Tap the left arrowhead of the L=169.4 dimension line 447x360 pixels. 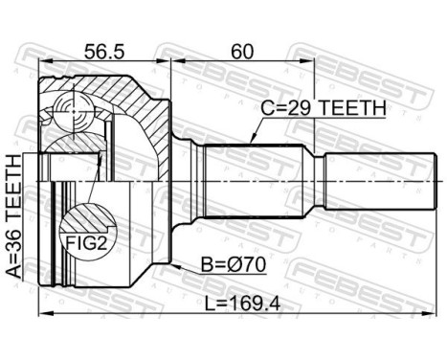coord(42,314)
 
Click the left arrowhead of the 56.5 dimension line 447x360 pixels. coord(42,63)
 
